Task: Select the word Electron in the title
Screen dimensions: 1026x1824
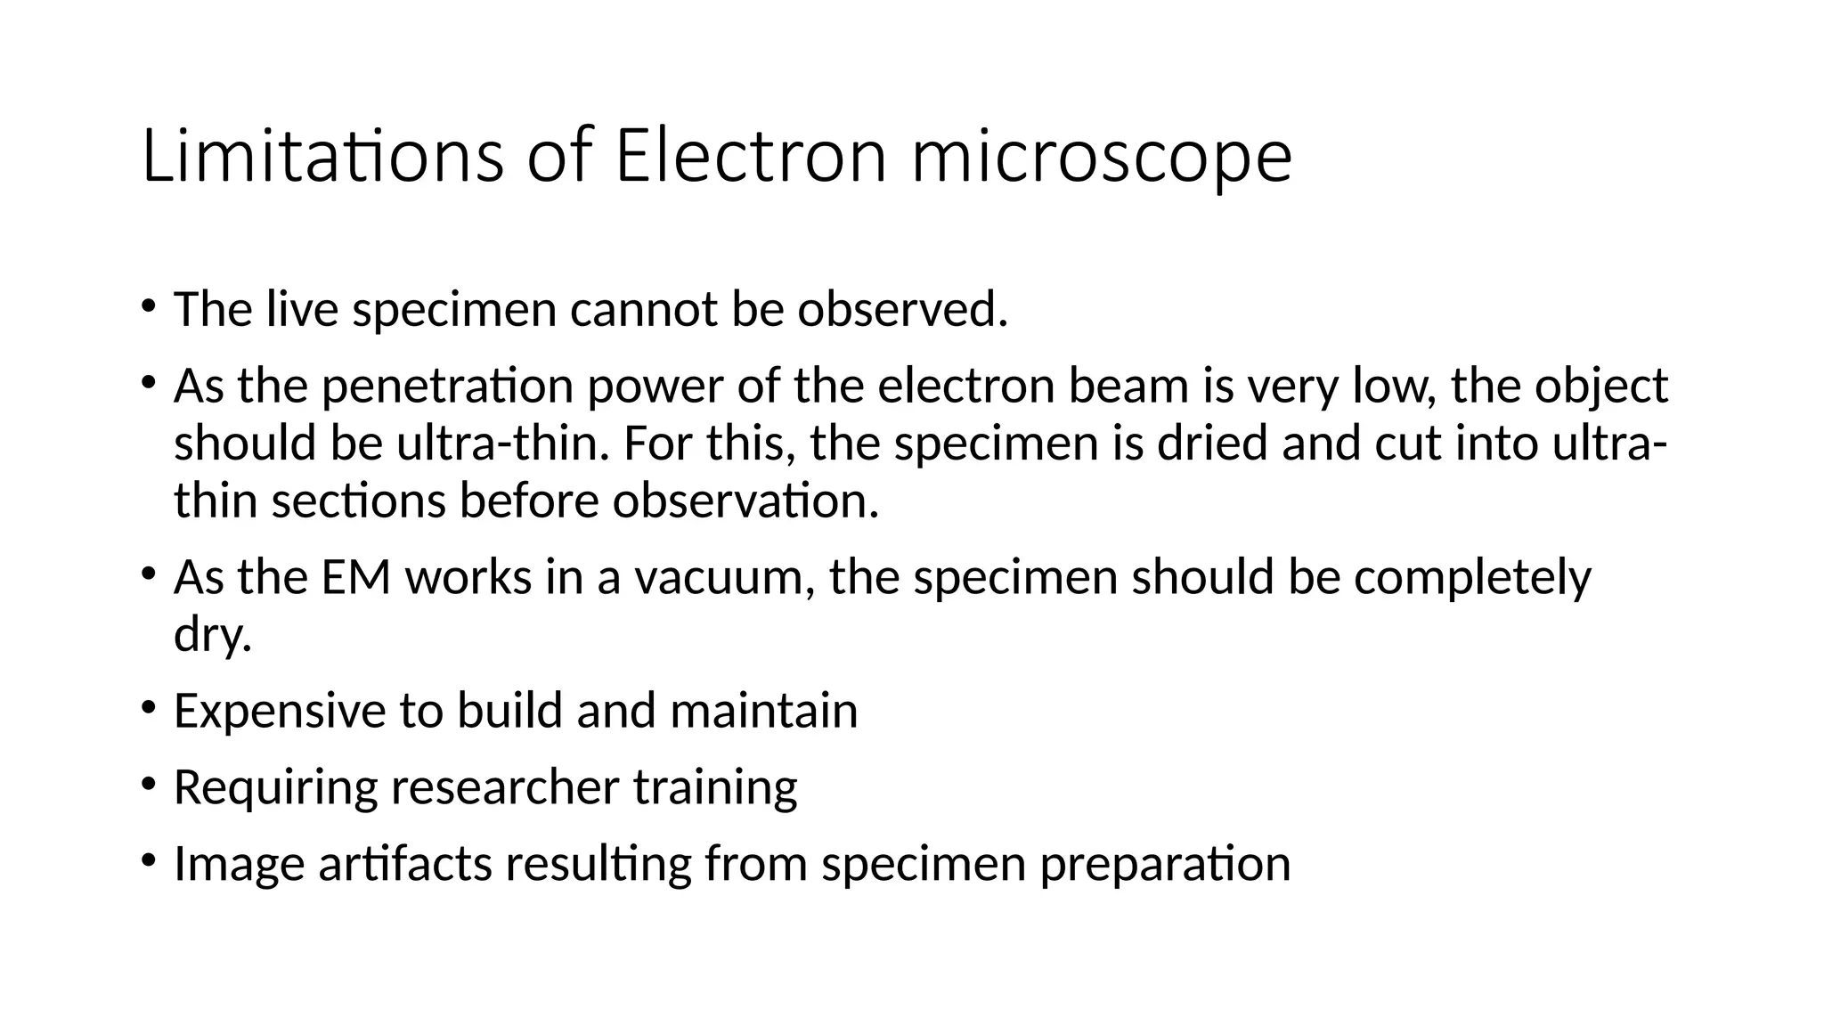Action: point(750,157)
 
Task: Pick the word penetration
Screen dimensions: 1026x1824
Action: point(447,387)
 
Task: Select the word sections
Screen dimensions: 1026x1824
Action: point(358,501)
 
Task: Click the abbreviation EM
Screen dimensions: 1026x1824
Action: point(355,577)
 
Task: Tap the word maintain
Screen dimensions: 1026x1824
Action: point(763,711)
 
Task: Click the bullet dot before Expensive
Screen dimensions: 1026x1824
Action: point(148,709)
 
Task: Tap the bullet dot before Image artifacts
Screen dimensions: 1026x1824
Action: point(148,862)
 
